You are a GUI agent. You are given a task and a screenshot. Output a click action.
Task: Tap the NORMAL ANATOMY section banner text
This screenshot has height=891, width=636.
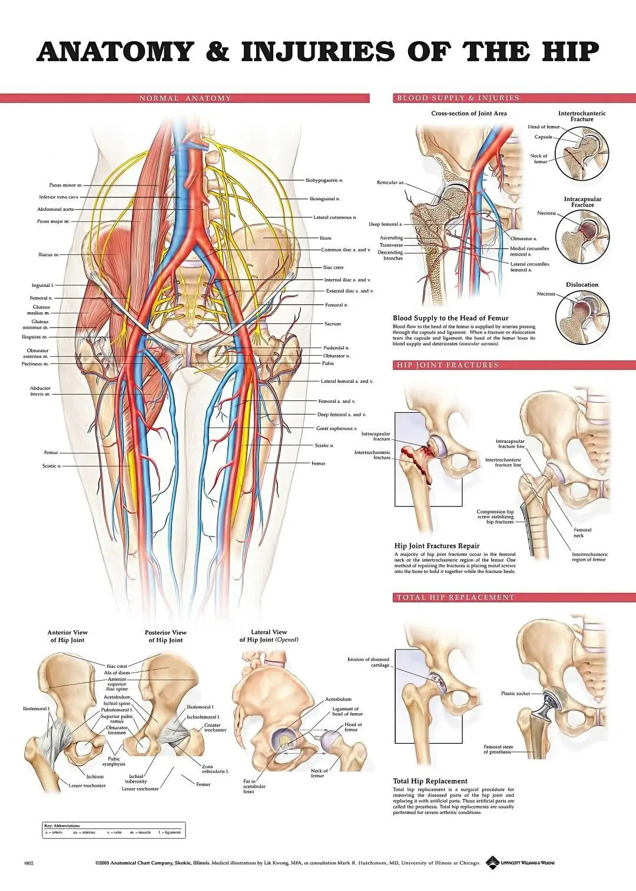coord(185,98)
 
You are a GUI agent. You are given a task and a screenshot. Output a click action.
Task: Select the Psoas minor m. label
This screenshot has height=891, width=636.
coord(66,185)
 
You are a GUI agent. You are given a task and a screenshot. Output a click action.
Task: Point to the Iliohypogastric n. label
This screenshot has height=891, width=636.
coord(324,180)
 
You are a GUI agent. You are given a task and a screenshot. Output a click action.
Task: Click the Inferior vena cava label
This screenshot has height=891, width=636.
coord(58,197)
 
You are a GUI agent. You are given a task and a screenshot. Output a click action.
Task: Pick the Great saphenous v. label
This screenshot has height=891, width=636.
coord(336,429)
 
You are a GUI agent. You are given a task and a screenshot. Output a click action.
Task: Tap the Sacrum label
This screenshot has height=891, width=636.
coord(333,324)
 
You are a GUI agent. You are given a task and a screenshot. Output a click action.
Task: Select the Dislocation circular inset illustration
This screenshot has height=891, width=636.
coord(581,317)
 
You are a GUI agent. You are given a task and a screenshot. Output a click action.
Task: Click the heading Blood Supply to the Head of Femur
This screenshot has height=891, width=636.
coord(450,318)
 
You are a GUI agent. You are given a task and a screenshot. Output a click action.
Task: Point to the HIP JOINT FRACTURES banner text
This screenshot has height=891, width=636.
coord(448,365)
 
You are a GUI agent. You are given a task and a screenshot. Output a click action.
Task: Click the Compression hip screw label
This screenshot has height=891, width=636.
coord(495,516)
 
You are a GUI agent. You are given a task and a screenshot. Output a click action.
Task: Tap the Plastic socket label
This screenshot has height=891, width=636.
coord(515,693)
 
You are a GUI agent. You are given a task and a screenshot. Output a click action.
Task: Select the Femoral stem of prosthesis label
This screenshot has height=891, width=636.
coord(498,749)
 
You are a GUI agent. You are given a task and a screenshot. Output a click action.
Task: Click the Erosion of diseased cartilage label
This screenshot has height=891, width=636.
coord(369,663)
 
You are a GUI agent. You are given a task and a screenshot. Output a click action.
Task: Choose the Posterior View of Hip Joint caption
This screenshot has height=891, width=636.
coord(165,636)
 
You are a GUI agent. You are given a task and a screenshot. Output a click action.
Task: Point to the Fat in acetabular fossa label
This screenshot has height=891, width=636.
coord(254,786)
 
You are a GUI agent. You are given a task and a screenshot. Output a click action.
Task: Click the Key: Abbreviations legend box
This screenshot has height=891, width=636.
coord(114,830)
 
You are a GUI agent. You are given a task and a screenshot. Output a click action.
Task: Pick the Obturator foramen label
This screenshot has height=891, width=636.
coord(117,730)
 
